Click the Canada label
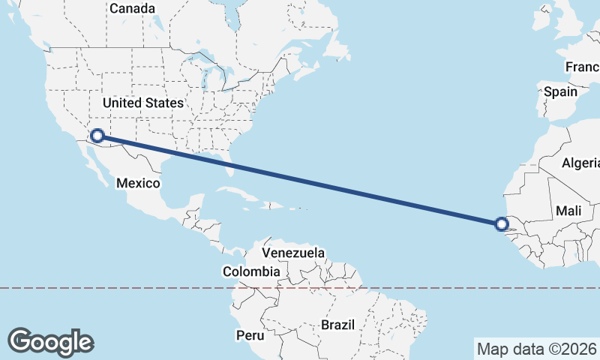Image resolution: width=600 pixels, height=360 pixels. click(x=132, y=9)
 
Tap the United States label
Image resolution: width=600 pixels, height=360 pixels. click(x=142, y=103)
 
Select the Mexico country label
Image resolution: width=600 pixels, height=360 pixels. click(x=138, y=183)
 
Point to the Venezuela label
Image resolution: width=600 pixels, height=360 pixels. click(x=293, y=253)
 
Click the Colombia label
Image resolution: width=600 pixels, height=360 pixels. click(x=251, y=271)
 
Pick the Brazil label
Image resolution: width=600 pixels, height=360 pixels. click(x=337, y=325)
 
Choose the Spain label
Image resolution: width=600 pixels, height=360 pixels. click(x=560, y=91)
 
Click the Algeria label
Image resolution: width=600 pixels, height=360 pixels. click(x=581, y=163)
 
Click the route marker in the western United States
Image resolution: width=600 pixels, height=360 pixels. click(x=97, y=136)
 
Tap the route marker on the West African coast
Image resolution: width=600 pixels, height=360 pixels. click(x=501, y=223)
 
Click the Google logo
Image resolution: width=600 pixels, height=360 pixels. click(x=50, y=341)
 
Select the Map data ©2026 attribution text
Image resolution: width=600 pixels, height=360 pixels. click(x=536, y=349)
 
